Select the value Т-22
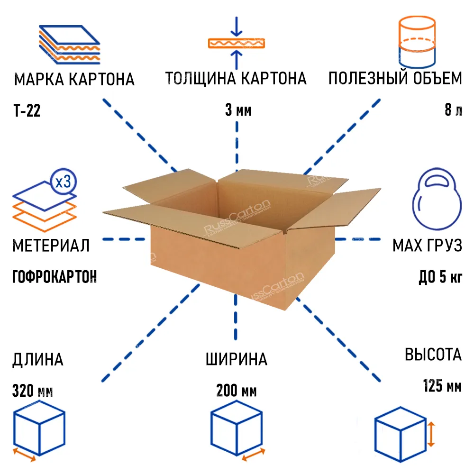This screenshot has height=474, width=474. (x=27, y=111)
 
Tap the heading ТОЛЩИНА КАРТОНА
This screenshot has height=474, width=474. (x=236, y=79)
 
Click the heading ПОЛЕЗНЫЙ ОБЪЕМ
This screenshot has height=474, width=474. (x=395, y=79)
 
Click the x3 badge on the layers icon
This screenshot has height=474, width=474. (x=63, y=182)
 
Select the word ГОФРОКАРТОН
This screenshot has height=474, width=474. (x=54, y=276)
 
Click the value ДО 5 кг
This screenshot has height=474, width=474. (x=440, y=276)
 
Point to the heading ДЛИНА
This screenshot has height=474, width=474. (x=38, y=360)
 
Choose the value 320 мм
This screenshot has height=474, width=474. (x=33, y=392)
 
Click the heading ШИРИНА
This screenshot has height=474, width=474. (x=237, y=359)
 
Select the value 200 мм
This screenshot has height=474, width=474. (x=237, y=392)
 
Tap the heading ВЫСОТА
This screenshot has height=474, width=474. (x=433, y=355)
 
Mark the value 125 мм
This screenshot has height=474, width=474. (x=442, y=386)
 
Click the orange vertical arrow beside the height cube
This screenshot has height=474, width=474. (x=431, y=435)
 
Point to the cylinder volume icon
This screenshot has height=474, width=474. (x=417, y=43)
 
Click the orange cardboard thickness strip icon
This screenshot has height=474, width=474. (x=237, y=43)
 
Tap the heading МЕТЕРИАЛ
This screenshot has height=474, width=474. (x=51, y=246)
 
